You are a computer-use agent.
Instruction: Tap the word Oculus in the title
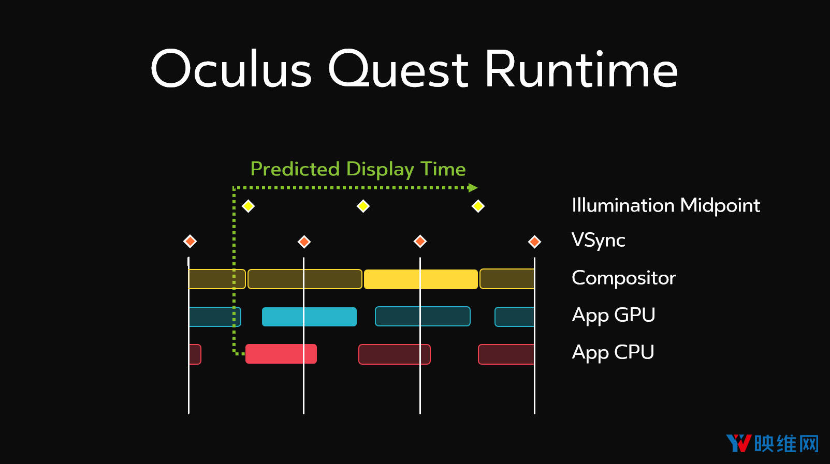click(231, 69)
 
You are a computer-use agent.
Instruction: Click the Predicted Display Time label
click(358, 169)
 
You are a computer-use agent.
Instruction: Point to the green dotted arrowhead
click(473, 188)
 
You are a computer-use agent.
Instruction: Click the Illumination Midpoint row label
click(666, 206)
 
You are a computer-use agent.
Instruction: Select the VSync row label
click(599, 240)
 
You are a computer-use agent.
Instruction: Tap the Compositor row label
click(623, 278)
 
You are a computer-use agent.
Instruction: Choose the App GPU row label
click(613, 316)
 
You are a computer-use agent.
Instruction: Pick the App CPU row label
click(613, 353)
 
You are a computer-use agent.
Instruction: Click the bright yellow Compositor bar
click(421, 279)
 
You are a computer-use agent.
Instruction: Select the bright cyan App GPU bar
click(310, 317)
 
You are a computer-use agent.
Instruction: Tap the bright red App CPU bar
click(281, 354)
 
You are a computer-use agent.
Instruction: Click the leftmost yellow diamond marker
click(248, 206)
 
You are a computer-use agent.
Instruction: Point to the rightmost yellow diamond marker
click(478, 206)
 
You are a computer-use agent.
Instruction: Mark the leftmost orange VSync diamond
click(190, 242)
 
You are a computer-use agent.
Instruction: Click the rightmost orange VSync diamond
click(534, 242)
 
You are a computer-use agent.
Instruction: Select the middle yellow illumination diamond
click(363, 206)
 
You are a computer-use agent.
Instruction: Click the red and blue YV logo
click(739, 443)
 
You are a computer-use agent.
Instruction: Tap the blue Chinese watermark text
click(787, 443)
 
